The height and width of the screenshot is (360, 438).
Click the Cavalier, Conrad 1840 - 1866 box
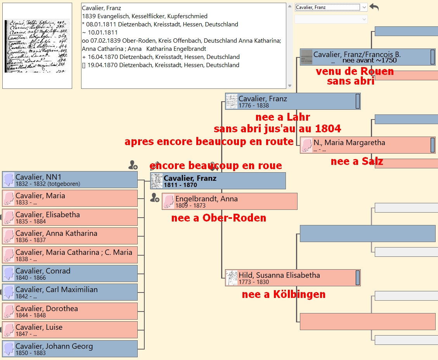70,273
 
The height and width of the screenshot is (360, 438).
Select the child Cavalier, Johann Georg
70,349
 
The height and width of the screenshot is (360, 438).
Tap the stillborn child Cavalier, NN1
70,180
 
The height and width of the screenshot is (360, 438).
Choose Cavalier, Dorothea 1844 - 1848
70,311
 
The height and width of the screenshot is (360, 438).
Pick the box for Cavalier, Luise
70,330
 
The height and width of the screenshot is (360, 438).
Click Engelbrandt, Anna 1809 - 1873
230,201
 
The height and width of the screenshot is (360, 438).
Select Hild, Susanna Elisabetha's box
293,278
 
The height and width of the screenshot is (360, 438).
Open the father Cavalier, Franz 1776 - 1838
293,101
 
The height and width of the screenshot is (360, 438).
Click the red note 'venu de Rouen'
355,71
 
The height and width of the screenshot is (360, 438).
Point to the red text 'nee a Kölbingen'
284,294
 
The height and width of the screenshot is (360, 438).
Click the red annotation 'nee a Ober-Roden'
219,218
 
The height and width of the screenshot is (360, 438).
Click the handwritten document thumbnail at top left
37,46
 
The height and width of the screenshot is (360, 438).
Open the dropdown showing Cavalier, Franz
331,7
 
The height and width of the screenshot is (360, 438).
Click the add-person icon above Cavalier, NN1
133,166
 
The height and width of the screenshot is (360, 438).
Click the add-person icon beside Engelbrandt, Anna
155,198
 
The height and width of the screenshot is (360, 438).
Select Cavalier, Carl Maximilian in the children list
70,292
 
